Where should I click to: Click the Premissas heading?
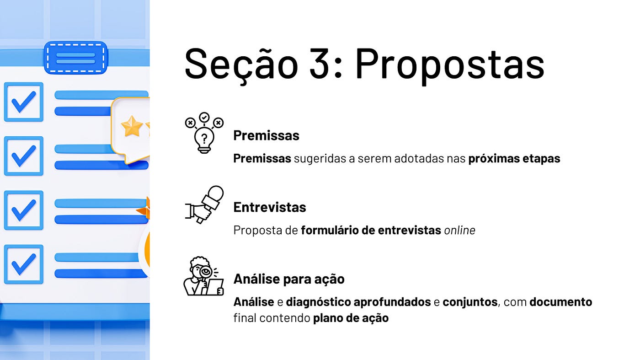266,135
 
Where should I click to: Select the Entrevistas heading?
269,207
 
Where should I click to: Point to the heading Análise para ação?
289,279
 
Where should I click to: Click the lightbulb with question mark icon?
204,133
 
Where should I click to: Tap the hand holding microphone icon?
204,205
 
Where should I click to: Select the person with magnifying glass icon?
203,276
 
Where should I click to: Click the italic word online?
459,230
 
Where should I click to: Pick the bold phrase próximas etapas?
514,159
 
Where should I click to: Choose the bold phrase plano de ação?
351,318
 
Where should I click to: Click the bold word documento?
560,302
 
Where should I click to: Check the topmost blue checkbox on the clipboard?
24,102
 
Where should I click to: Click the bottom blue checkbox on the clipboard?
24,264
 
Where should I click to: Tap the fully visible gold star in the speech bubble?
132,126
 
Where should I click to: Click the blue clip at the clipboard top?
76,58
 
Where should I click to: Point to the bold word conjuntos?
470,302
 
